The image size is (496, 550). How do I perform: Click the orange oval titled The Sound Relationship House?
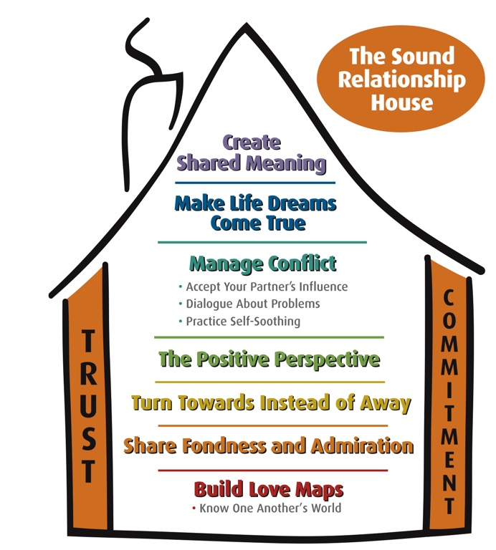point(401,79)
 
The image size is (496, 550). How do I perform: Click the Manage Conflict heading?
point(262,264)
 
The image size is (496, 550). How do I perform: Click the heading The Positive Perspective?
point(269,358)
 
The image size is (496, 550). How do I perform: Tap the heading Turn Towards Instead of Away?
point(271,402)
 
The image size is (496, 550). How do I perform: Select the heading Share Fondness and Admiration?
point(268,446)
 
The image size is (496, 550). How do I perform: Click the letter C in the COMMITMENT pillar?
point(451,298)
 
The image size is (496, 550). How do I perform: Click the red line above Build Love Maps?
point(270,471)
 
